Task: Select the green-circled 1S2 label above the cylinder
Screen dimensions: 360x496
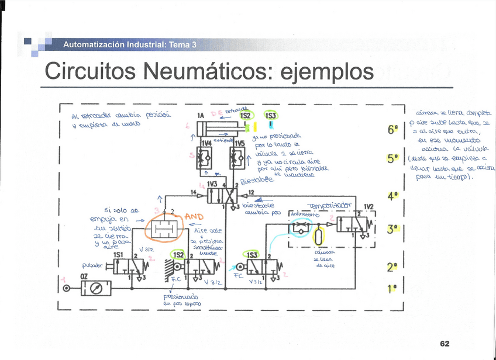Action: click(246, 116)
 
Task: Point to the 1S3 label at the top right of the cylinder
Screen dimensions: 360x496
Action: click(271, 116)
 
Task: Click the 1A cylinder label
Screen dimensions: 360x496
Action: click(201, 116)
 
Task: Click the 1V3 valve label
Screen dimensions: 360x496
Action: click(212, 184)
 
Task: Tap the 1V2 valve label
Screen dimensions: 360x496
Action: click(368, 207)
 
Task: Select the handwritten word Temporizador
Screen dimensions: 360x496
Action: click(330, 205)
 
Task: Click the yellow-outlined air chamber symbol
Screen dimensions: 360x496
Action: click(318, 236)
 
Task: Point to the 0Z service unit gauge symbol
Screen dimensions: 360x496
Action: click(97, 288)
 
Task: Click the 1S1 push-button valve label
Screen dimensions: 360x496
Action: click(118, 255)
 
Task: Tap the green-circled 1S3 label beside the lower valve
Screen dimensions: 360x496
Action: click(252, 255)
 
